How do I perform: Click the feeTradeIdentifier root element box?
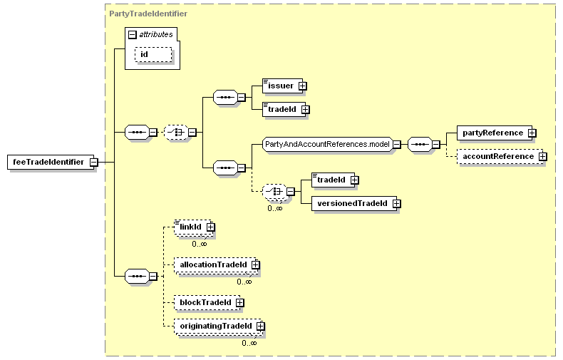[51, 162]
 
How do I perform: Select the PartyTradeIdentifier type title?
[148, 14]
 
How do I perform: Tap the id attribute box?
[153, 55]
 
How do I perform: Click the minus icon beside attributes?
[133, 34]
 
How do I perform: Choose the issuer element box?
[283, 86]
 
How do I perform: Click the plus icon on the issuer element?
[303, 86]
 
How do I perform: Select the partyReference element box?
[495, 133]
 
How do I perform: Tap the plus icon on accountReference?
[543, 157]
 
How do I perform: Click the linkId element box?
[193, 227]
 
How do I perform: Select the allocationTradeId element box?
[215, 264]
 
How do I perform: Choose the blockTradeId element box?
[207, 302]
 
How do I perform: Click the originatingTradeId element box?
[218, 326]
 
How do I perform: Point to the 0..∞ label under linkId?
[200, 244]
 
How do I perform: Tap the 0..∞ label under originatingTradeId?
[249, 343]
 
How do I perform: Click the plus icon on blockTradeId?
[240, 303]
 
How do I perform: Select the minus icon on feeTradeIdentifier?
[93, 163]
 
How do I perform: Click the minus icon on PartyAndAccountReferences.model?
[397, 145]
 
